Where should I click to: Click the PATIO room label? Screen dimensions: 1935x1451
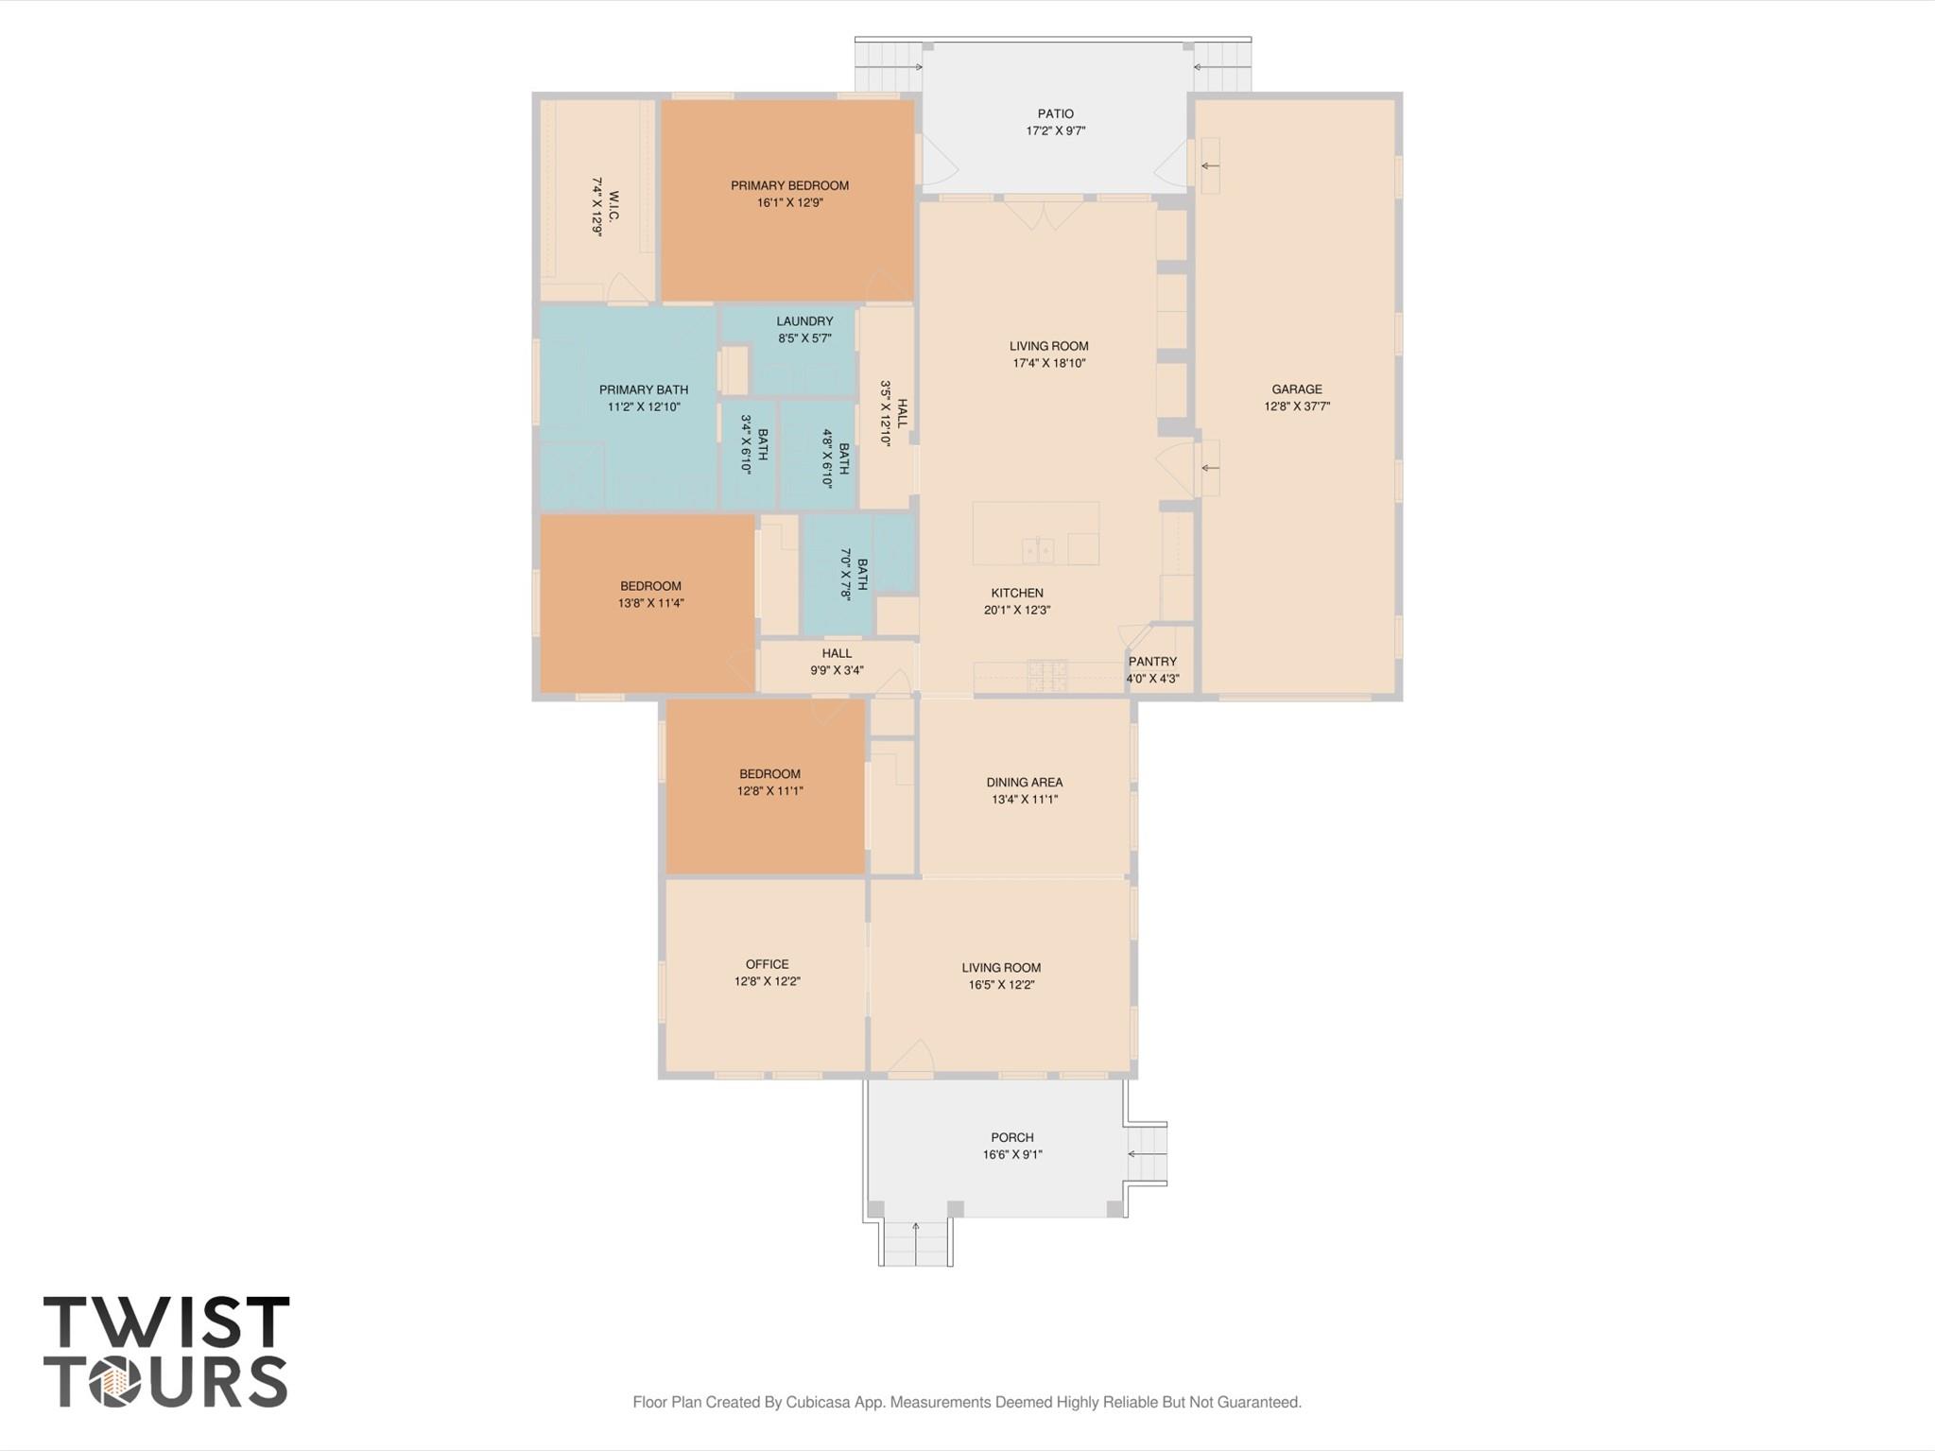[x=1055, y=113]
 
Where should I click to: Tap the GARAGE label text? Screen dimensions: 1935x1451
[x=1296, y=389]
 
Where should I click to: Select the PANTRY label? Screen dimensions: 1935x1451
[x=1152, y=662]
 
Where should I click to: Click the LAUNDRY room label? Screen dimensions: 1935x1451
[x=804, y=321]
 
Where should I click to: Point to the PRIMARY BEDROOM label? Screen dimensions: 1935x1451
[x=789, y=185]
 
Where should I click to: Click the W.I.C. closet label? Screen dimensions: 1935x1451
[x=613, y=207]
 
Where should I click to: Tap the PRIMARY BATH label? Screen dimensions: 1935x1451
[x=644, y=389]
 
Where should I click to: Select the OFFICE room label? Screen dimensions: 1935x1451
[x=767, y=964]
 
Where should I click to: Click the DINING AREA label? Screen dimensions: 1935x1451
[x=1024, y=782]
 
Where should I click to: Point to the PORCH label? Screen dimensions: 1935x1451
[x=1011, y=1137]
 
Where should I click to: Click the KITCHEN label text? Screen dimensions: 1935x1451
[x=1017, y=593]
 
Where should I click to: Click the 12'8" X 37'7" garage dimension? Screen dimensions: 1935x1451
[x=1297, y=406]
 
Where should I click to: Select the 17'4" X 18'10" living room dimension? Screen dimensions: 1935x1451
[x=1048, y=363]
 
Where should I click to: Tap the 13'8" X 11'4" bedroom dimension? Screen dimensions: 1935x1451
[x=650, y=603]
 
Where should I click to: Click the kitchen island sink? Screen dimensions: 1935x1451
[x=1038, y=549]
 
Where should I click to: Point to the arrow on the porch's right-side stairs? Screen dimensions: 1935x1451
[x=1146, y=1154]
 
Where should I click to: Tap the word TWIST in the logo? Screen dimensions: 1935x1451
[x=166, y=1322]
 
